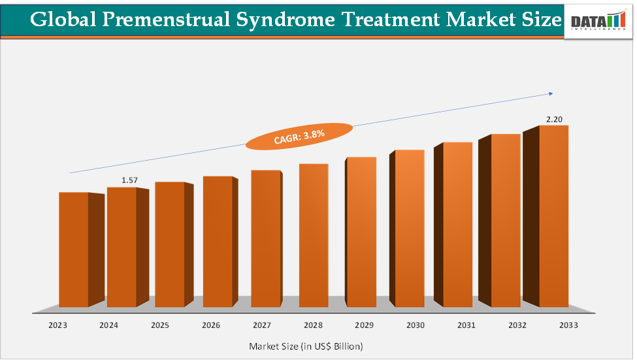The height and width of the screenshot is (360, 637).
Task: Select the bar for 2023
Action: click(x=74, y=250)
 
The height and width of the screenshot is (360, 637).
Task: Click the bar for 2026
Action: click(x=218, y=242)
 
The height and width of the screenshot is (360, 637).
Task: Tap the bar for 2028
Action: click(x=314, y=235)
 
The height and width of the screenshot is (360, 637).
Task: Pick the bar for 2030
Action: click(x=410, y=229)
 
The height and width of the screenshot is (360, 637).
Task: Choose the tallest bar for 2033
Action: click(x=553, y=216)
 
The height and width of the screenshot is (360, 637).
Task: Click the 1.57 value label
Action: click(x=130, y=180)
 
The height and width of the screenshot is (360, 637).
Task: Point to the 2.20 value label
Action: click(x=554, y=119)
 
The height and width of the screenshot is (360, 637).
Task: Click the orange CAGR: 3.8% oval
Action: click(x=299, y=136)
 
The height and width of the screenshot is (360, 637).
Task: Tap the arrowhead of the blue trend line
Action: click(x=551, y=93)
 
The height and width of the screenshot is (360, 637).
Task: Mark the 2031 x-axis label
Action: click(x=466, y=325)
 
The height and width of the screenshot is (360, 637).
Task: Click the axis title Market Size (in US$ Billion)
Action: click(x=306, y=345)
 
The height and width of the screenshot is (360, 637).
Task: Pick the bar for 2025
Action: click(x=169, y=244)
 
